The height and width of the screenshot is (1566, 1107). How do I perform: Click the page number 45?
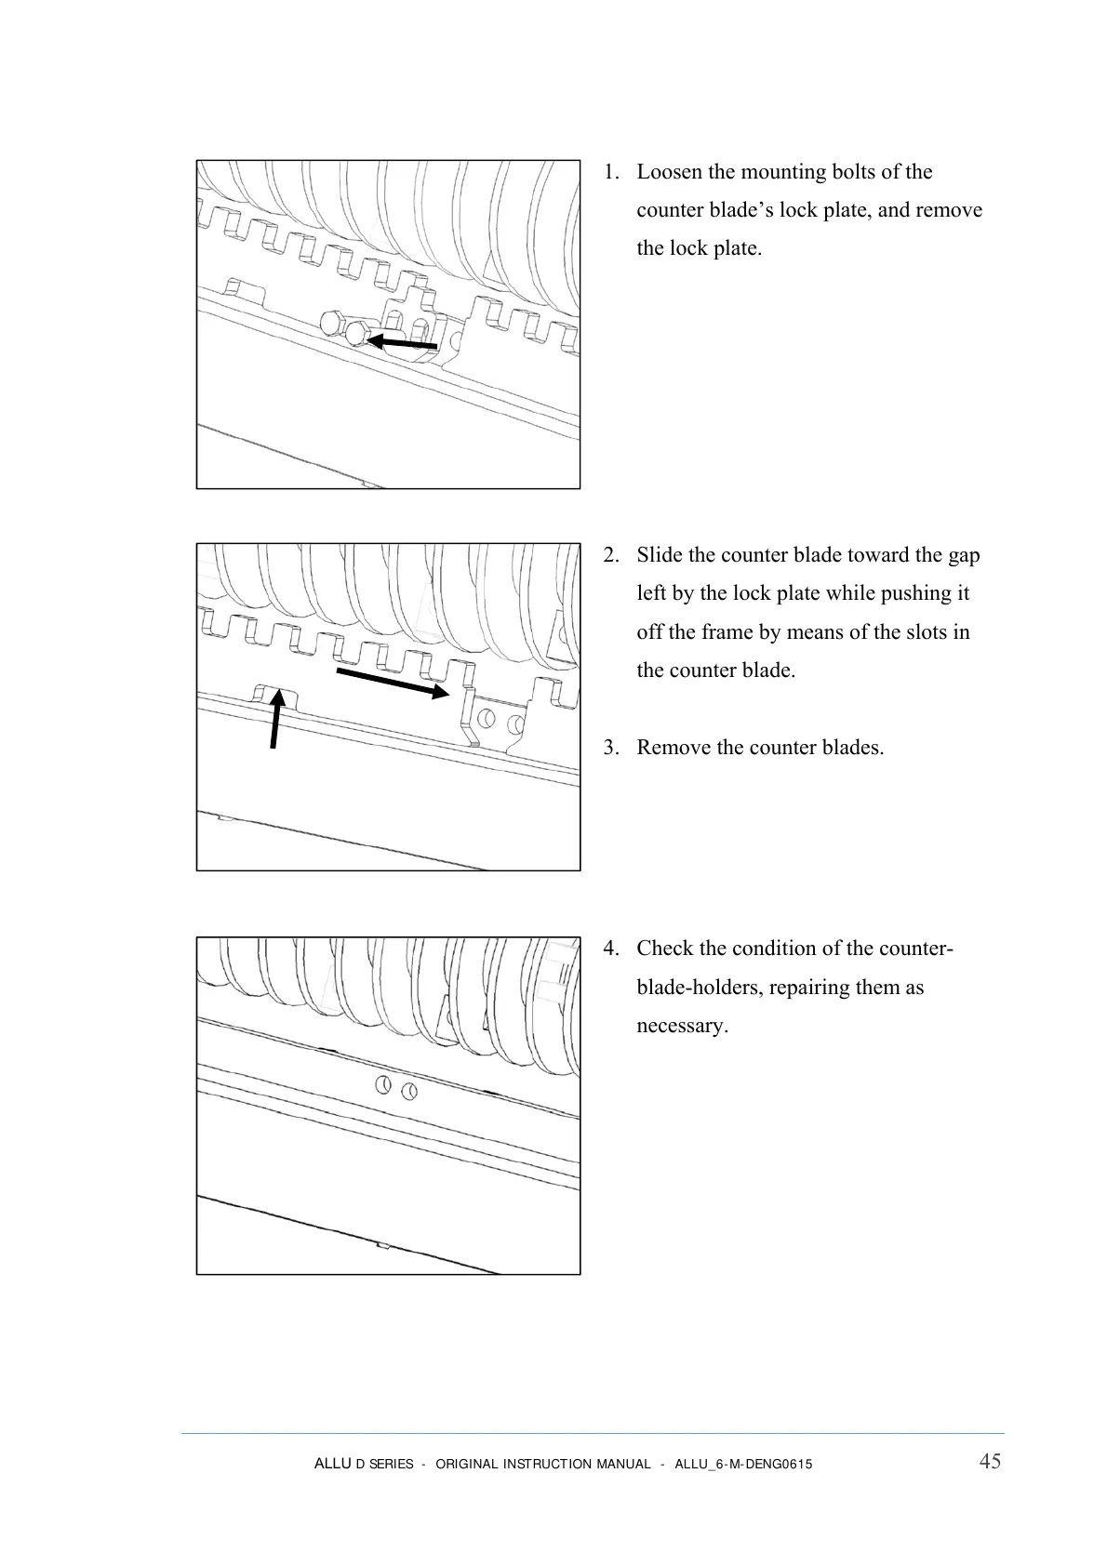pyautogui.click(x=990, y=1461)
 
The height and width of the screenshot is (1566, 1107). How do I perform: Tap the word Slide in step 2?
pyautogui.click(x=660, y=555)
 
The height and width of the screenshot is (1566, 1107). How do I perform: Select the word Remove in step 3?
pyautogui.click(x=674, y=748)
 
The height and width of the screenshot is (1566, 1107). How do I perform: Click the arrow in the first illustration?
pyautogui.click(x=401, y=343)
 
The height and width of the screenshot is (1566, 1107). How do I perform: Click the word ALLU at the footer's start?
pyautogui.click(x=332, y=1464)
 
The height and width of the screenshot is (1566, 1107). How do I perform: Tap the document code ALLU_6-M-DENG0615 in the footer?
pyautogui.click(x=742, y=1465)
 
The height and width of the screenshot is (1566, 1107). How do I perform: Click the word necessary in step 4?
pyautogui.click(x=682, y=1026)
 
